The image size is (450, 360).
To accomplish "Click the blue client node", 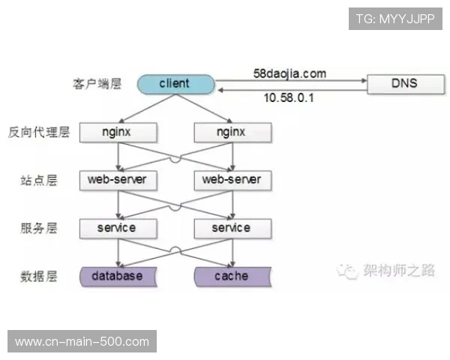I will pos(175,83).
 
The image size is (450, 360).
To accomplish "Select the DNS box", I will pos(403,83).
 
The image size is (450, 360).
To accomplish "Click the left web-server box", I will pos(117,179).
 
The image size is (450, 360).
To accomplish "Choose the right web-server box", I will pos(231,179).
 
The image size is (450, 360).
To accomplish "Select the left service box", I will pos(117,227).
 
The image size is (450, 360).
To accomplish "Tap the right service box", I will pos(231,227).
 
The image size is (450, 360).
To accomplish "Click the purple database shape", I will pos(117,276).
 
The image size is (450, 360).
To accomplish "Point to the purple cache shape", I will pos(231,276).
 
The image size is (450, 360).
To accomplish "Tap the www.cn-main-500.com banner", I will pos(82,342).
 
